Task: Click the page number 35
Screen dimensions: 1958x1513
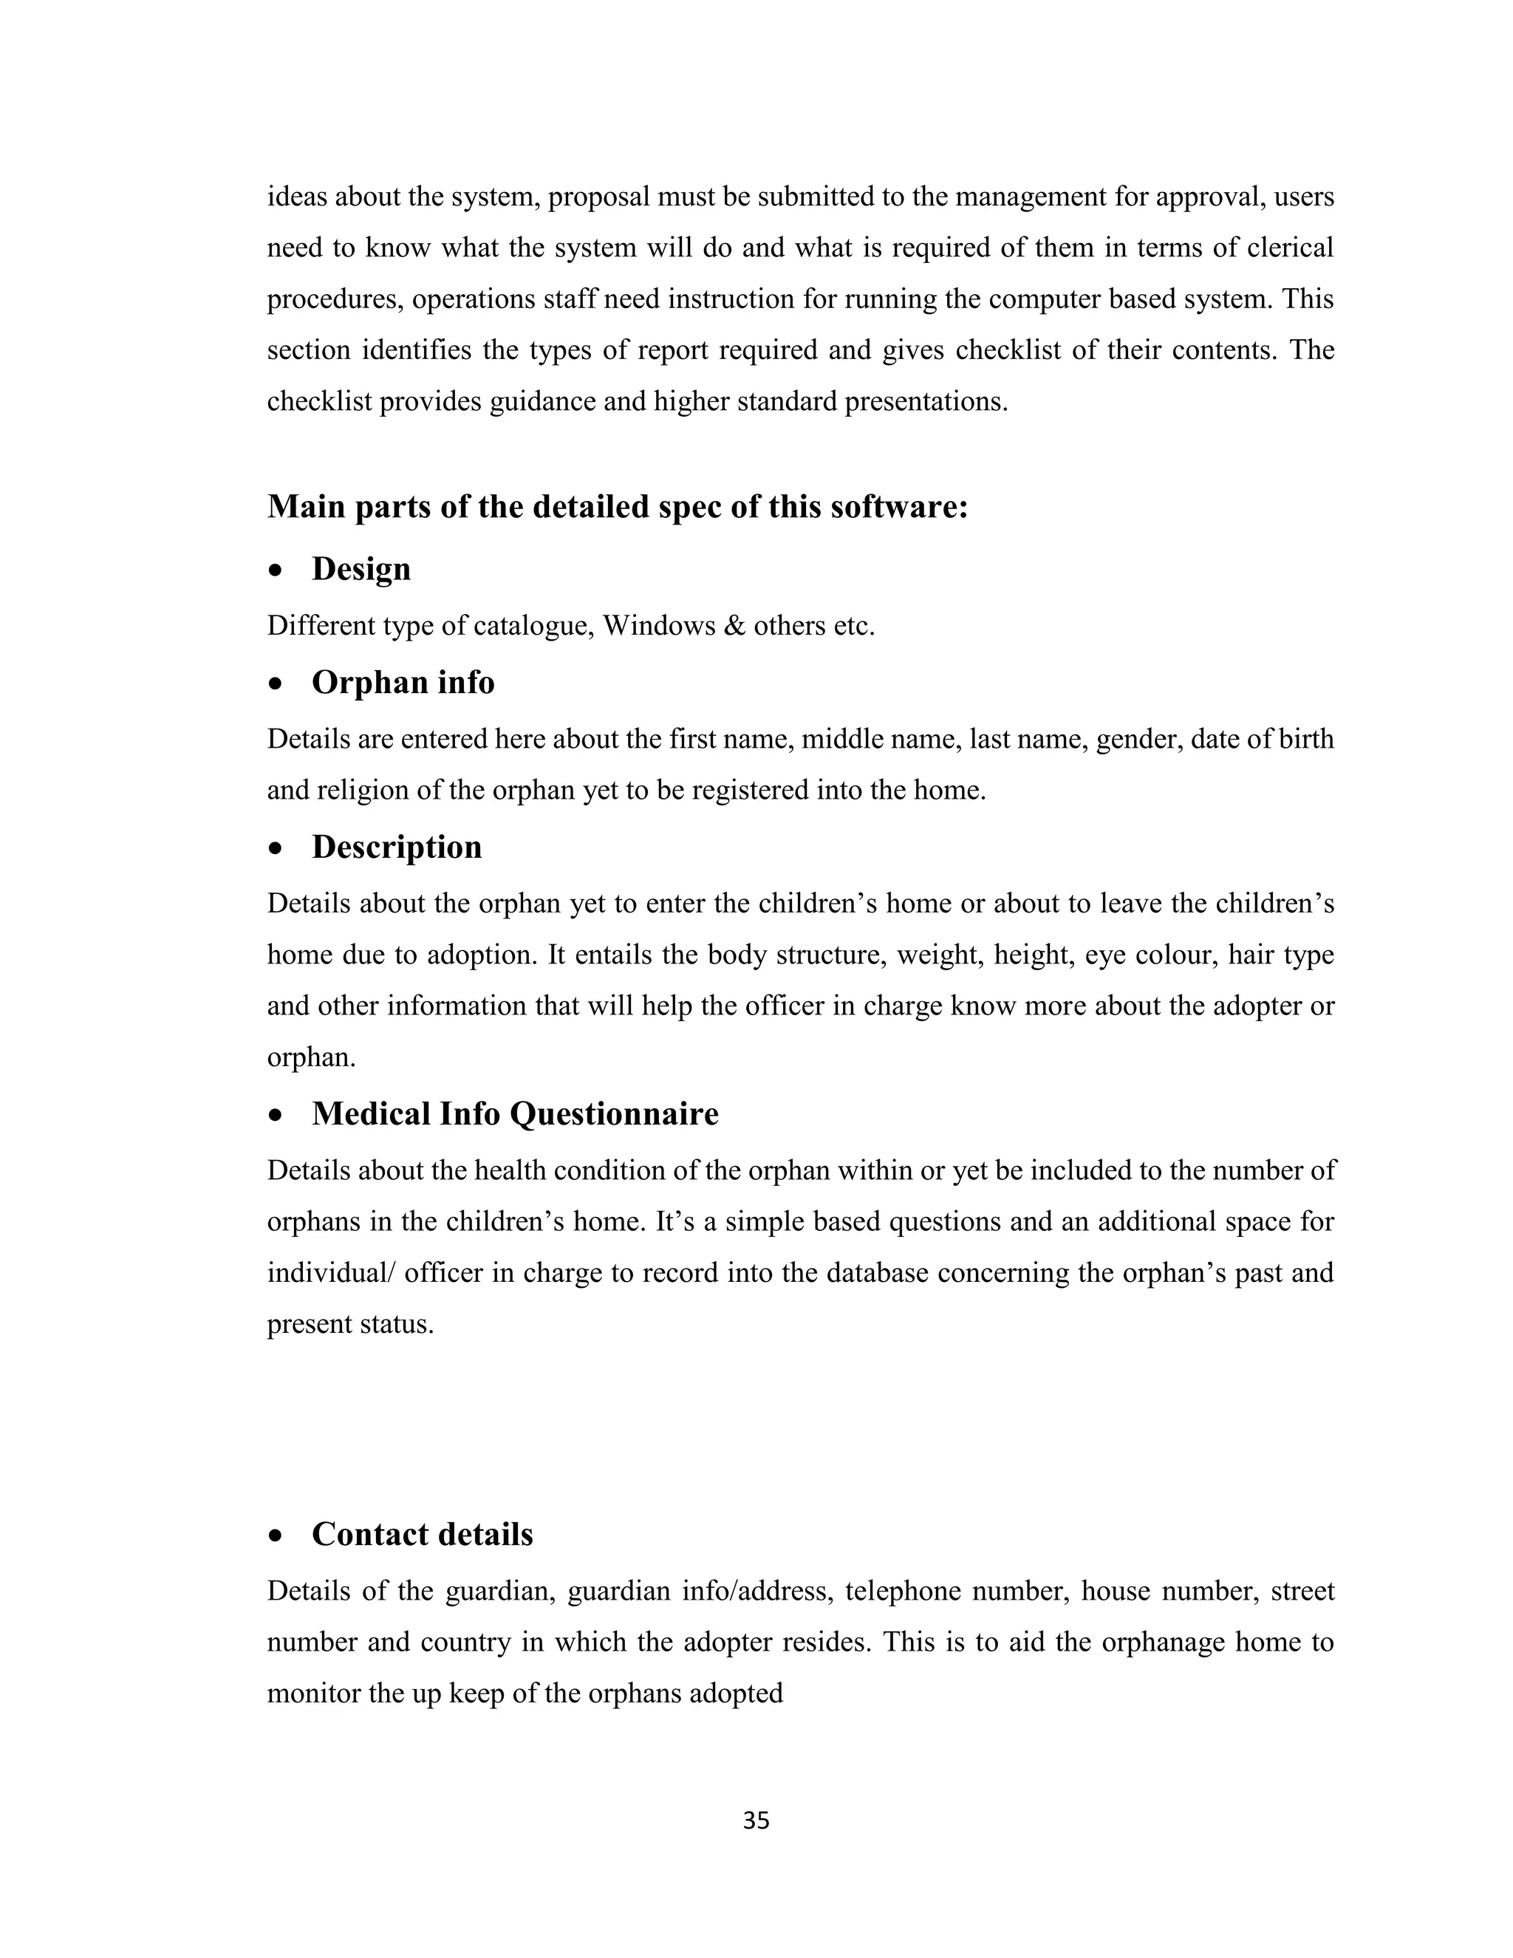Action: click(756, 1820)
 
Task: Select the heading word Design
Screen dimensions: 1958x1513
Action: click(361, 569)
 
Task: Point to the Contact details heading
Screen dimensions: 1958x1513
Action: click(421, 1534)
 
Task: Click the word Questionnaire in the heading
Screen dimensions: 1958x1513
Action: click(614, 1113)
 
